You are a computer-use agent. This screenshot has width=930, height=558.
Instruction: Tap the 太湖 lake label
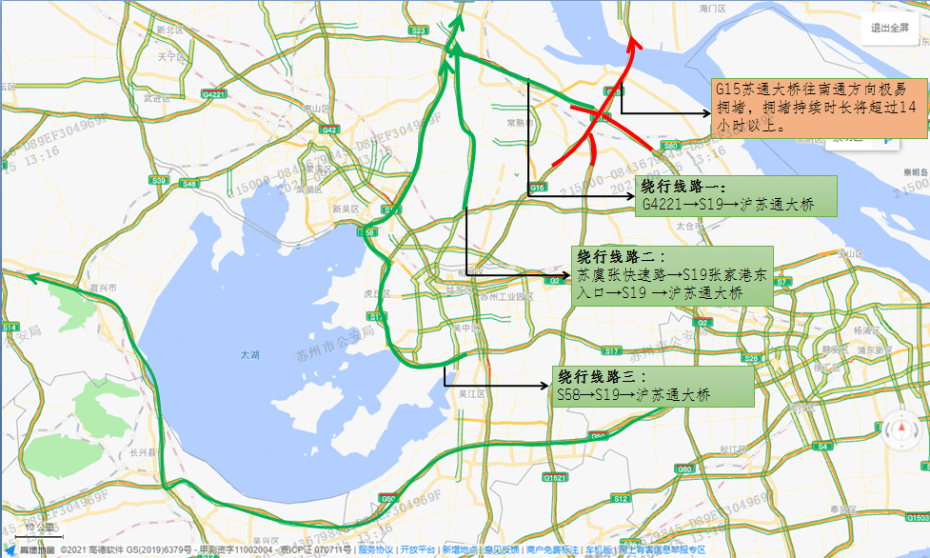(x=249, y=354)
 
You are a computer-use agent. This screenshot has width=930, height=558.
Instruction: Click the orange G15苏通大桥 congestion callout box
(x=816, y=106)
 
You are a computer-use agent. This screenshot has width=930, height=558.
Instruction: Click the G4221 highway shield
(x=214, y=94)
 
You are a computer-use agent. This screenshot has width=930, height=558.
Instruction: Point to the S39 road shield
(x=158, y=180)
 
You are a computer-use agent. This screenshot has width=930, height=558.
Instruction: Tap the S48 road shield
(x=189, y=183)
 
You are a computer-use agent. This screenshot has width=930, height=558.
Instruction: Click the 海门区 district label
(x=713, y=8)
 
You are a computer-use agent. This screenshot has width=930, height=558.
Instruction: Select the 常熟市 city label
(x=519, y=123)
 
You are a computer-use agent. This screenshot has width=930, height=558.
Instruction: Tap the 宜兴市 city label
(x=103, y=287)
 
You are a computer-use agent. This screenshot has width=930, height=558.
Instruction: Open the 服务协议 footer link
(x=375, y=549)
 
